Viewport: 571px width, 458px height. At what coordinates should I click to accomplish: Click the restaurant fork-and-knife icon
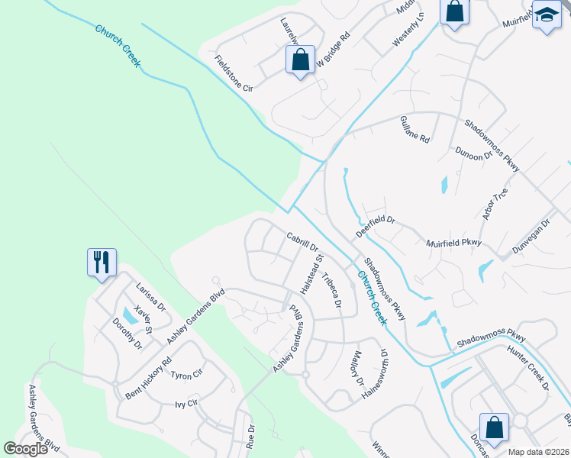click(x=102, y=262)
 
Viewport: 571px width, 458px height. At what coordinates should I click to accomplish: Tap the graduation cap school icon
click(x=547, y=15)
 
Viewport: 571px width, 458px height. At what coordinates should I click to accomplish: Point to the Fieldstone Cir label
click(x=234, y=74)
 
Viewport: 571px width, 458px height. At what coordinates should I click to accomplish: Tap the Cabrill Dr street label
click(x=302, y=242)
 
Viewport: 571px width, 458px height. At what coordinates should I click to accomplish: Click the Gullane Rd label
click(x=415, y=130)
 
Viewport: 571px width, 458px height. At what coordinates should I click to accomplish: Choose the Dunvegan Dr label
click(x=531, y=238)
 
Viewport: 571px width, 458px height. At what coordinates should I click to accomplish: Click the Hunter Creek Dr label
click(x=528, y=369)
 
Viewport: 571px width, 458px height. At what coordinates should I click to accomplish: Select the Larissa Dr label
click(x=150, y=297)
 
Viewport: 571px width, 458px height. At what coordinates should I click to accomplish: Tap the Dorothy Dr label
click(x=127, y=334)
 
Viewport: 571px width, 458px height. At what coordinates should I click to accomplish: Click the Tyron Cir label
click(x=185, y=375)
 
